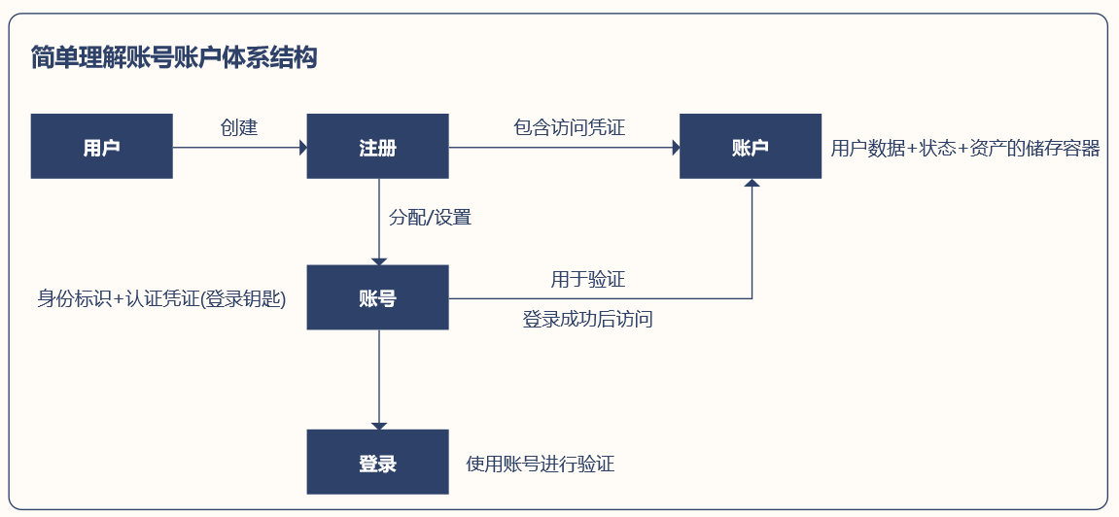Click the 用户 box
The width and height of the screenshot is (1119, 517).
tap(101, 146)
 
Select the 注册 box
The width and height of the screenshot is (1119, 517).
tap(377, 146)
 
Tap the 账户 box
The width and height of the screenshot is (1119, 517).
tap(750, 146)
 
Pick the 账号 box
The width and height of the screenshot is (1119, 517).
tap(377, 297)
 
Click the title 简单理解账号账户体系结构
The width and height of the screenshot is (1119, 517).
tap(174, 57)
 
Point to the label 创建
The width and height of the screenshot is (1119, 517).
tap(239, 127)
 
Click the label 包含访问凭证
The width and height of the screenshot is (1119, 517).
tap(570, 127)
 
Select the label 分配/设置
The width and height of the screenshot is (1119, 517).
tap(430, 217)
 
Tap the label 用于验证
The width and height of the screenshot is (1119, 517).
tap(588, 279)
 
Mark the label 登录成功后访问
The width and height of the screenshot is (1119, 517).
tap(588, 319)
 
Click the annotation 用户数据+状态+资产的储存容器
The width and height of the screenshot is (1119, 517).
tap(965, 149)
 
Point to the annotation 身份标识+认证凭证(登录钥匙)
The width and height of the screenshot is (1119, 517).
tap(161, 299)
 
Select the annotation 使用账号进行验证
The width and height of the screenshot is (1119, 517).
tap(541, 465)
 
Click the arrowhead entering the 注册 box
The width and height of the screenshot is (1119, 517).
tap(303, 148)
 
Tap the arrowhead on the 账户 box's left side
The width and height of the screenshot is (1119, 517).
tap(676, 148)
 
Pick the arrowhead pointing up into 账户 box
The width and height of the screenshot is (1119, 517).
tap(752, 183)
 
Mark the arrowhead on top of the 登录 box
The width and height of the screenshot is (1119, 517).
tap(379, 426)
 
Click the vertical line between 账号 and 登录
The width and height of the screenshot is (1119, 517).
tap(379, 376)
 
